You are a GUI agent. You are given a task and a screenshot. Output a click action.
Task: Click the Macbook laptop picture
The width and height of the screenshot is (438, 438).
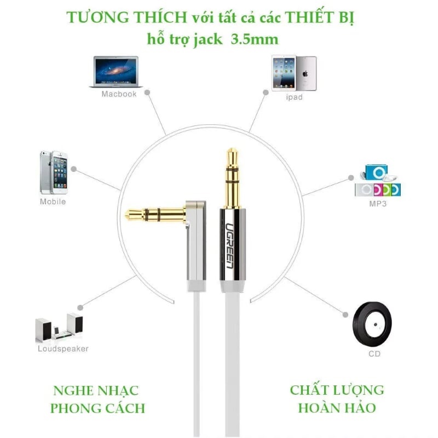click(116, 72)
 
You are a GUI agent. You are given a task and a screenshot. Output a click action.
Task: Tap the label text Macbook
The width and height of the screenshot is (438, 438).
click(119, 94)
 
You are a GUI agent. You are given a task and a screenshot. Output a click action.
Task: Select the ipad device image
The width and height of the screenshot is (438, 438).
click(294, 73)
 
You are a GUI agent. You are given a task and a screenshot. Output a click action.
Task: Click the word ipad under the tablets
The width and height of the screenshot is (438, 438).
click(294, 97)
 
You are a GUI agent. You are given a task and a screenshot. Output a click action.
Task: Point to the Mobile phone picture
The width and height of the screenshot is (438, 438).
click(54, 172)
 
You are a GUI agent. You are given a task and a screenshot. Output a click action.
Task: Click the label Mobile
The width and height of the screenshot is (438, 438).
click(53, 201)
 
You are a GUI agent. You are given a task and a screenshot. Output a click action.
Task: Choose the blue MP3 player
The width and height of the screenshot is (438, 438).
click(376, 172)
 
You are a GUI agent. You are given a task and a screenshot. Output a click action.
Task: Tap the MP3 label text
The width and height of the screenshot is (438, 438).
click(378, 204)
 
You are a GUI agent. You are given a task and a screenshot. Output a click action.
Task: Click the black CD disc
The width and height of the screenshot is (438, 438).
click(372, 324)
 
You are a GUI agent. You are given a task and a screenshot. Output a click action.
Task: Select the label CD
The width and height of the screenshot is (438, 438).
click(374, 354)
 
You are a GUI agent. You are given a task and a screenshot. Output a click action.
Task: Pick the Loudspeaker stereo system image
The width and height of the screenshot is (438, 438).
click(59, 327)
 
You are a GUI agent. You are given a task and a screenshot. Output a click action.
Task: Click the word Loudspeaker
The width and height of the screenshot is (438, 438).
click(63, 349)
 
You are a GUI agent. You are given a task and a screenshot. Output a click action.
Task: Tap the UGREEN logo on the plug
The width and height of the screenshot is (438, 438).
click(229, 246)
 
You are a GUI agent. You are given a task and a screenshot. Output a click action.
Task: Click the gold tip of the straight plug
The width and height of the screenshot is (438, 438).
click(232, 154)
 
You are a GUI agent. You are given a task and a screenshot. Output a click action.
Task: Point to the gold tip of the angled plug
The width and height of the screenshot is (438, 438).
click(131, 215)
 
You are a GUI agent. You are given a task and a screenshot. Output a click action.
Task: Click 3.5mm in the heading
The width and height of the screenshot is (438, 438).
click(255, 39)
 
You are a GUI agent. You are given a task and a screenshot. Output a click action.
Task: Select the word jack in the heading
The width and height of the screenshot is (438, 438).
click(208, 39)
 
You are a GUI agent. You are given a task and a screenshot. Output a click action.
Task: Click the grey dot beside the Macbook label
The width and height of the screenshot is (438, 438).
click(147, 93)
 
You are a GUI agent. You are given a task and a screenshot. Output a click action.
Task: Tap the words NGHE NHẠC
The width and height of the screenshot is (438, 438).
click(96, 391)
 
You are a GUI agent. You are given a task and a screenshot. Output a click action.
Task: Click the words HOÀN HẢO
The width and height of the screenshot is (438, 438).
click(337, 408)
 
